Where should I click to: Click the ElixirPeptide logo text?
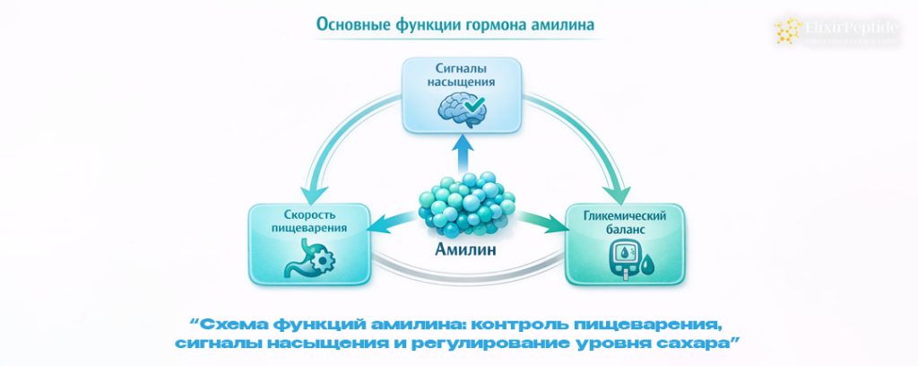tap(846, 27)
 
